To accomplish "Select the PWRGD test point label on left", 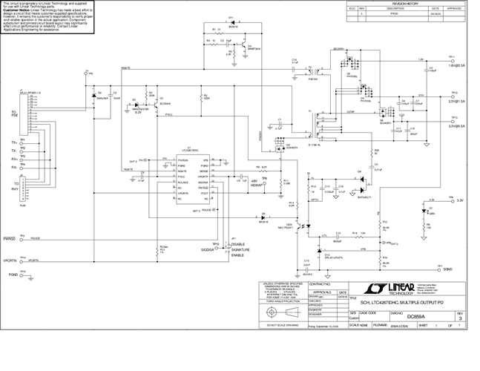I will tap(10, 239).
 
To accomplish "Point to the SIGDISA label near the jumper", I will tap(217, 252).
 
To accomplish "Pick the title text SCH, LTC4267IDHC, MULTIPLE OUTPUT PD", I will tap(403, 303).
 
